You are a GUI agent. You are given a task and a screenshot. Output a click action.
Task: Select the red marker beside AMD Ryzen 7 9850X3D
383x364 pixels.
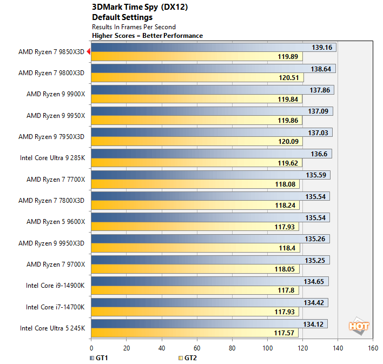(88, 51)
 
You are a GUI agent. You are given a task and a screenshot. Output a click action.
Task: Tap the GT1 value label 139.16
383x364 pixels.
(322, 48)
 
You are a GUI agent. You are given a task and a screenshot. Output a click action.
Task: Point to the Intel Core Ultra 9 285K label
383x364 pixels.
(52, 158)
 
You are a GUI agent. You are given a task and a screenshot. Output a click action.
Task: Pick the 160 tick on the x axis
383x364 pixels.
(373, 348)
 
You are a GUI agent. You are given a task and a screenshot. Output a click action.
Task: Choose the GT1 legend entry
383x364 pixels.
(97, 358)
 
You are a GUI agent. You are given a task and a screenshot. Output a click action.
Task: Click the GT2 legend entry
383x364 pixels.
(187, 358)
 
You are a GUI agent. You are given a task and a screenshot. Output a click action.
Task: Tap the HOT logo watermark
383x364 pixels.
(359, 326)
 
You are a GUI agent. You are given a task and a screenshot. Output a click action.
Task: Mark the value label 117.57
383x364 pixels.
(286, 333)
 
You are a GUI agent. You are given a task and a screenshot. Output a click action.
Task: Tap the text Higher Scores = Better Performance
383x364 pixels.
(147, 36)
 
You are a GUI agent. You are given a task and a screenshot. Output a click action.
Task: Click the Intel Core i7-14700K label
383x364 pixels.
(55, 307)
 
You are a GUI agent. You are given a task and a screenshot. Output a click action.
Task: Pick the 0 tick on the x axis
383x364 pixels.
(91, 348)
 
